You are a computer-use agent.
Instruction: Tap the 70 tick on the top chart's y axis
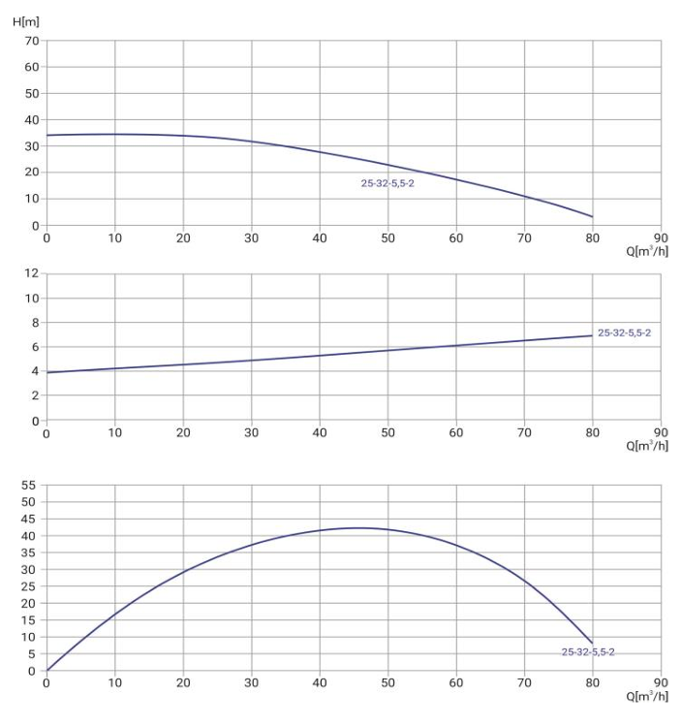pos(31,41)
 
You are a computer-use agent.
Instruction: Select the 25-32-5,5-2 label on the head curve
pos(387,182)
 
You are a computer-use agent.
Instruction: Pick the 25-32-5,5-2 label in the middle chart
pos(624,332)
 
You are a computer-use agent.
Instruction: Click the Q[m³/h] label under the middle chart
pos(647,447)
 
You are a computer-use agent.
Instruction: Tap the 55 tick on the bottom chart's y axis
pos(29,484)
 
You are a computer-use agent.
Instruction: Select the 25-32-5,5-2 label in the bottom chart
pos(588,651)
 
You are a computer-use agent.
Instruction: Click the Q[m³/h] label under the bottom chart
pos(647,695)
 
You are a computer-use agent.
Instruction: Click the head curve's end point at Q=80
pos(592,216)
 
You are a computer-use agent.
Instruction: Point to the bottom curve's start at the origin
pos(46,670)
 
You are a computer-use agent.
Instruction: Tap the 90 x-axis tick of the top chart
pos(661,237)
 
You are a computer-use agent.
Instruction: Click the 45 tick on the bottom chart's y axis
pos(29,519)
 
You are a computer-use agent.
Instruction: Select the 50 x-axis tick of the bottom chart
pos(387,681)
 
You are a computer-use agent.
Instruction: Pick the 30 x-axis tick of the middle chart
pos(251,432)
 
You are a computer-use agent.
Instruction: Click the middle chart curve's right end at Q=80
pos(592,335)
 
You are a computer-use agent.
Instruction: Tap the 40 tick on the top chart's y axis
pos(31,120)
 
